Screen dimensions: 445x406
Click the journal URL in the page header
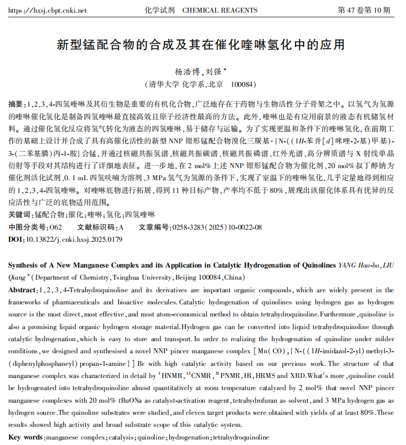pyautogui.click(x=48, y=10)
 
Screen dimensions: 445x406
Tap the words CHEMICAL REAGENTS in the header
pyautogui.click(x=220, y=10)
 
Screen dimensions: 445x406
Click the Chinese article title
pyautogui.click(x=203, y=44)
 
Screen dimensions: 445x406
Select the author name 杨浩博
pyautogui.click(x=187, y=72)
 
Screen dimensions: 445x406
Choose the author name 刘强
pyautogui.click(x=213, y=72)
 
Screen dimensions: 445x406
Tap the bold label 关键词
pyautogui.click(x=20, y=214)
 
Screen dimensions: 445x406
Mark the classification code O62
pyautogui.click(x=56, y=227)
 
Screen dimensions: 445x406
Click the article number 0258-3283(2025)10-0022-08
pyautogui.click(x=216, y=227)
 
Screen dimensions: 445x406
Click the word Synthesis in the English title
pyautogui.click(x=26, y=265)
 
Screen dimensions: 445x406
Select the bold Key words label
pyautogui.click(x=26, y=438)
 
